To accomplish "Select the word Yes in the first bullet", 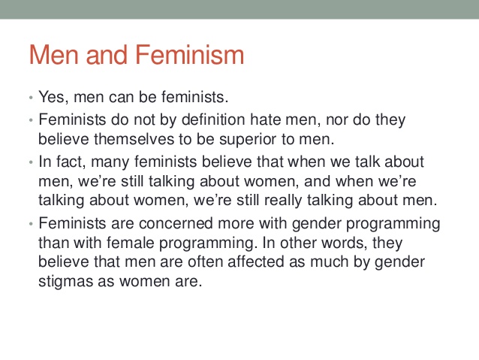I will [x=53, y=98].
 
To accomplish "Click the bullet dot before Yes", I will [x=31, y=98].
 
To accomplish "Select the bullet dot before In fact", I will [x=31, y=162].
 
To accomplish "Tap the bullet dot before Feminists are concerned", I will [x=31, y=224].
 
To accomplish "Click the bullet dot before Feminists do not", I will [x=31, y=119].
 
